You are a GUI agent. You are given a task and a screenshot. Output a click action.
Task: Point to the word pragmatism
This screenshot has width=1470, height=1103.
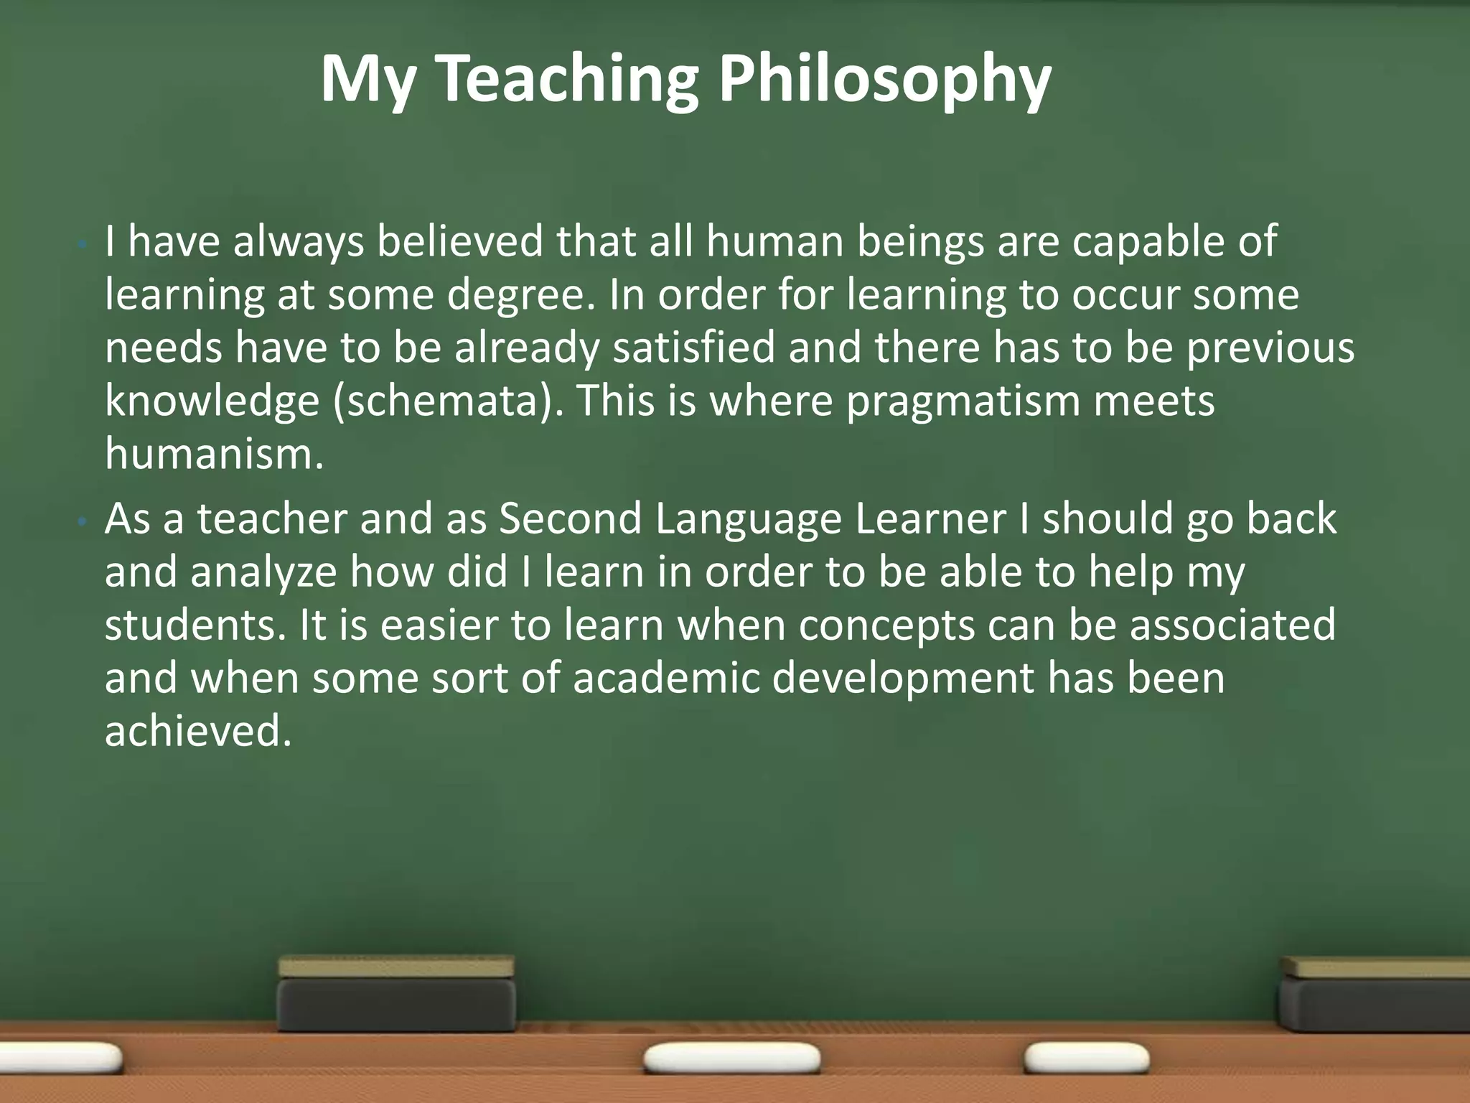coord(963,401)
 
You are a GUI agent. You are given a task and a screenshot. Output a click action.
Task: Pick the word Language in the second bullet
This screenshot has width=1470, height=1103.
coord(747,519)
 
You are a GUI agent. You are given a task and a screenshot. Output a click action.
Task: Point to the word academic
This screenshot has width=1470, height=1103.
coord(666,678)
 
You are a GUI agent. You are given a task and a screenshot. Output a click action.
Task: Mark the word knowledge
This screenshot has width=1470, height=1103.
coord(212,401)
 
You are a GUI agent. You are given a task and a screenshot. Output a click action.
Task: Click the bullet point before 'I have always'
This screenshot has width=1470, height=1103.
coord(83,246)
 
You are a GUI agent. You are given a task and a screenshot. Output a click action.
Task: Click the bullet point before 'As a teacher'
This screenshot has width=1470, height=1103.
coord(83,523)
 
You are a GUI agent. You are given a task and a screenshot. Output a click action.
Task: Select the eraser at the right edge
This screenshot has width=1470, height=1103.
coord(1375,994)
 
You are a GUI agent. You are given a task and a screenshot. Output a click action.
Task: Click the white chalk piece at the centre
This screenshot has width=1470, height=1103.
coord(732,1058)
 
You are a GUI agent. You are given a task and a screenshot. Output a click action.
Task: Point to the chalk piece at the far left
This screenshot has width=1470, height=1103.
coord(61,1058)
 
